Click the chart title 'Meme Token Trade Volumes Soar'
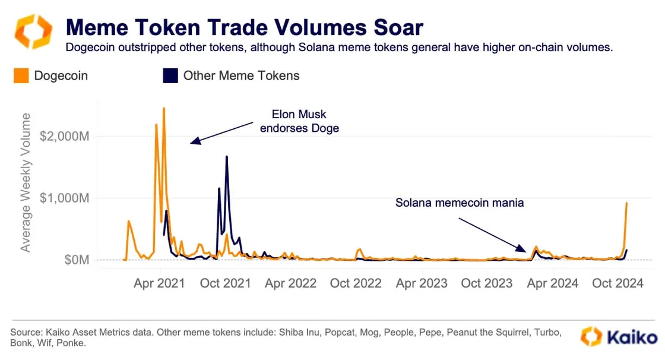244,27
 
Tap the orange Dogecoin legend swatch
21,75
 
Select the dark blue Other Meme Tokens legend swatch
170,75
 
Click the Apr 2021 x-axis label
159,283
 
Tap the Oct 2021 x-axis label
226,283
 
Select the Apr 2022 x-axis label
290,283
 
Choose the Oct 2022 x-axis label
356,283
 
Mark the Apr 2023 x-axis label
422,283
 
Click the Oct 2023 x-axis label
487,283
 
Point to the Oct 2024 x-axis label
618,283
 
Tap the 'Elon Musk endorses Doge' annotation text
299,121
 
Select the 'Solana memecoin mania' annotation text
460,203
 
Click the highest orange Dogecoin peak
163,108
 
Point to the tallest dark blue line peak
227,157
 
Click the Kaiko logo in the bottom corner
619,337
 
